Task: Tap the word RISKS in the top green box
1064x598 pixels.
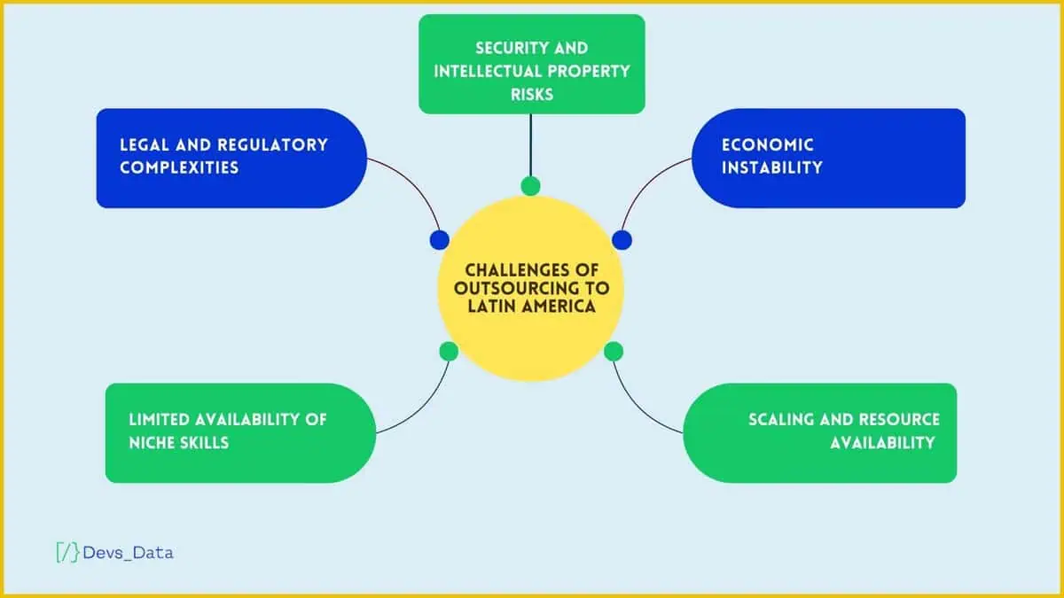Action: pyautogui.click(x=532, y=95)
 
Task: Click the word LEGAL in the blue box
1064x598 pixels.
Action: pyautogui.click(x=144, y=144)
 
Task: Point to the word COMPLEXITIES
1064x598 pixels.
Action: pyautogui.click(x=179, y=167)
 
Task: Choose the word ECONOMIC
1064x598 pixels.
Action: pyautogui.click(x=768, y=144)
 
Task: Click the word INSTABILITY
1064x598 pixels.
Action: pyautogui.click(x=772, y=167)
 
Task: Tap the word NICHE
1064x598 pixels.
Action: pyautogui.click(x=153, y=443)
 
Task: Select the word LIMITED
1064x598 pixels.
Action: pyautogui.click(x=159, y=420)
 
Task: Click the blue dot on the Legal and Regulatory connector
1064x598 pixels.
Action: pyautogui.click(x=440, y=240)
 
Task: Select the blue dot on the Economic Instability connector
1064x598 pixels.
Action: pyautogui.click(x=622, y=240)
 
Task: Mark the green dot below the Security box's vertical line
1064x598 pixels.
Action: pyautogui.click(x=530, y=185)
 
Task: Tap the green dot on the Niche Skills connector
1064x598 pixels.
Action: pyautogui.click(x=449, y=352)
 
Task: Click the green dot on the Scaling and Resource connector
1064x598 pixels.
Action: pyautogui.click(x=614, y=352)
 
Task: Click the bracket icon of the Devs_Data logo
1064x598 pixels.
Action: pyautogui.click(x=67, y=553)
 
